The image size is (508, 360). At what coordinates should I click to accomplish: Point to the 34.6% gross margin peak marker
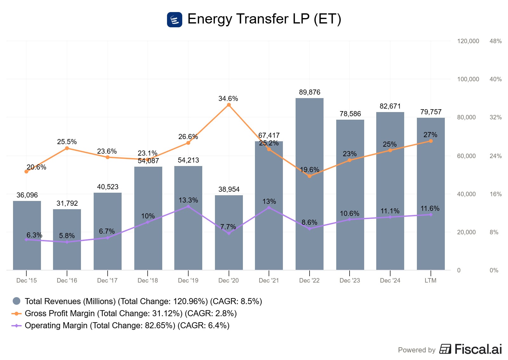click(229, 105)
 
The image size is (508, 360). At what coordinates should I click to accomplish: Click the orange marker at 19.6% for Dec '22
click(310, 176)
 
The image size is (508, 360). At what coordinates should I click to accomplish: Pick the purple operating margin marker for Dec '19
click(188, 206)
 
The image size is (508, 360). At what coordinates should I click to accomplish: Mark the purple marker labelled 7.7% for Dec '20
click(229, 233)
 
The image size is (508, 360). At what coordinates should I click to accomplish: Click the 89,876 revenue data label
click(310, 92)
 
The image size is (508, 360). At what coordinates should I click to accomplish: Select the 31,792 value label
click(67, 203)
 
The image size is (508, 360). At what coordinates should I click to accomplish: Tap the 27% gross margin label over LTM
click(430, 135)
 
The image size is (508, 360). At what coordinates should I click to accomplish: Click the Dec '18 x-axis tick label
click(148, 280)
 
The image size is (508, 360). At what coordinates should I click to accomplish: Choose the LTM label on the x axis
click(431, 280)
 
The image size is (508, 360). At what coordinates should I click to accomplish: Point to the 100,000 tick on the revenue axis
click(468, 79)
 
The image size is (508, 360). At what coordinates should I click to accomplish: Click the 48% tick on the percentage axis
click(495, 41)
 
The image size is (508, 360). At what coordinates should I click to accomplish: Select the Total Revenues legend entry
click(143, 301)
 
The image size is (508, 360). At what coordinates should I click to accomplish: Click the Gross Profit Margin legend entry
click(130, 313)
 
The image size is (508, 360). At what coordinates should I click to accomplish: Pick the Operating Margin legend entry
click(127, 325)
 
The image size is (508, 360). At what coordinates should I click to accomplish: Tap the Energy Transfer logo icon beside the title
click(175, 20)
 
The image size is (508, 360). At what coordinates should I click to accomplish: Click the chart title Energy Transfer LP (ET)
click(264, 19)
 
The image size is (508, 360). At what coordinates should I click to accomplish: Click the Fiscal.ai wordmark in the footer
click(478, 349)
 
